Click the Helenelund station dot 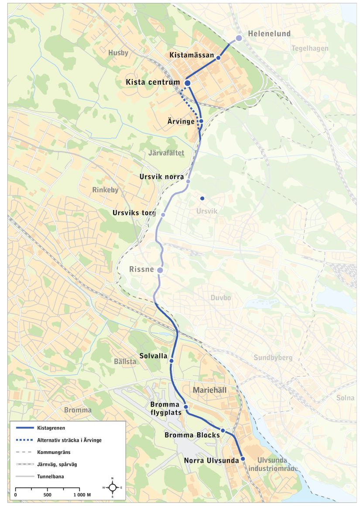point(239,38)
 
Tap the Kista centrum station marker point(188,83)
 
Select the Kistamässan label point(192,55)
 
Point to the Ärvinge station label point(181,121)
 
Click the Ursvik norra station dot point(188,181)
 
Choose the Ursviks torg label point(134,213)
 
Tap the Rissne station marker point(160,271)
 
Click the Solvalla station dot point(171,361)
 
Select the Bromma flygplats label point(166,409)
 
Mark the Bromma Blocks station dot point(223,430)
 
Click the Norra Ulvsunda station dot point(243,458)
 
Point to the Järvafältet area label point(167,153)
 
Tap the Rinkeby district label point(106,190)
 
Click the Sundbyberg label point(273,358)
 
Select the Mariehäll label point(210,390)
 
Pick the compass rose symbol point(113,487)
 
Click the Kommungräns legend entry point(54,452)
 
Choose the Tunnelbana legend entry point(51,476)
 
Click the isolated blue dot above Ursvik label point(202,199)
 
